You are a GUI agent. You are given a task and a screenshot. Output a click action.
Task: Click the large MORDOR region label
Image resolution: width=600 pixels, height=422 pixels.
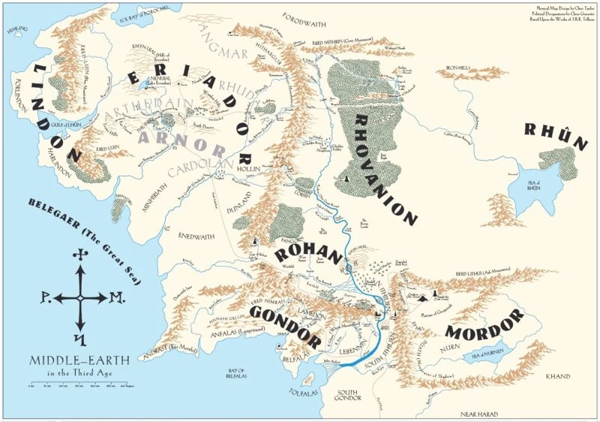pos(484,327)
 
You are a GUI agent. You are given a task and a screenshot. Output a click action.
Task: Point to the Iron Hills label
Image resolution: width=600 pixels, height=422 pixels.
pos(458,68)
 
